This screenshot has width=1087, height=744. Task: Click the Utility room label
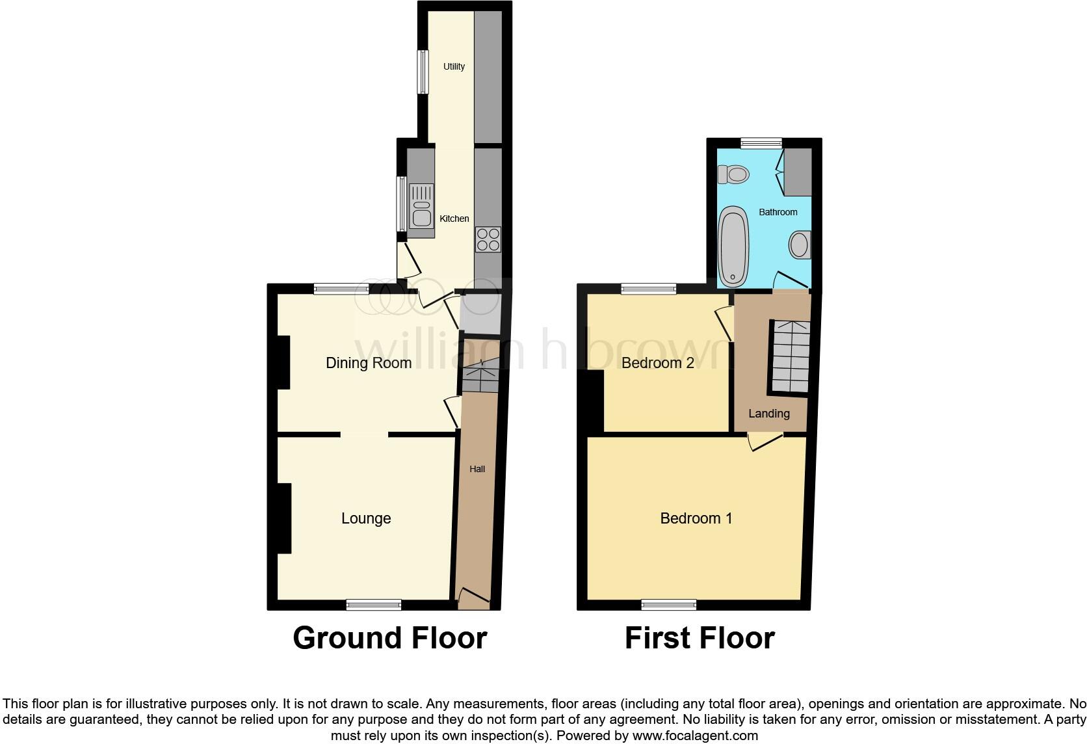tap(454, 66)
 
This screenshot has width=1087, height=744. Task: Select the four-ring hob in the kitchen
tap(488, 239)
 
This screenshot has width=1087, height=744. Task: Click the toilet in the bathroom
tap(733, 174)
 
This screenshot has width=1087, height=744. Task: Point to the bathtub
tap(733, 246)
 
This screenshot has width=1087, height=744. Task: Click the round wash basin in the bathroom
tap(800, 245)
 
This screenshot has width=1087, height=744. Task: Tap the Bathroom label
tap(778, 212)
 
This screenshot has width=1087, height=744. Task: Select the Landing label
tap(768, 414)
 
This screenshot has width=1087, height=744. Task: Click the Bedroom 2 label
tap(658, 363)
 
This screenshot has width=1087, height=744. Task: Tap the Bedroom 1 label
tap(696, 518)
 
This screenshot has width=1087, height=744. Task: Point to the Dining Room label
tap(369, 363)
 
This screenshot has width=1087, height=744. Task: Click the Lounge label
tap(366, 518)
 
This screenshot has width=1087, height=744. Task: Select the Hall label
tap(477, 469)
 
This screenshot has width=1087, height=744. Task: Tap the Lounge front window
tap(373, 605)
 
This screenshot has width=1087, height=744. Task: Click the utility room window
tap(423, 72)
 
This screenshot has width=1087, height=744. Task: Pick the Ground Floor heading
tap(389, 638)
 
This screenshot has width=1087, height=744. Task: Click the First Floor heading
tap(700, 638)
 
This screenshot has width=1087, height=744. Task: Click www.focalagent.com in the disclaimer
tap(695, 736)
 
